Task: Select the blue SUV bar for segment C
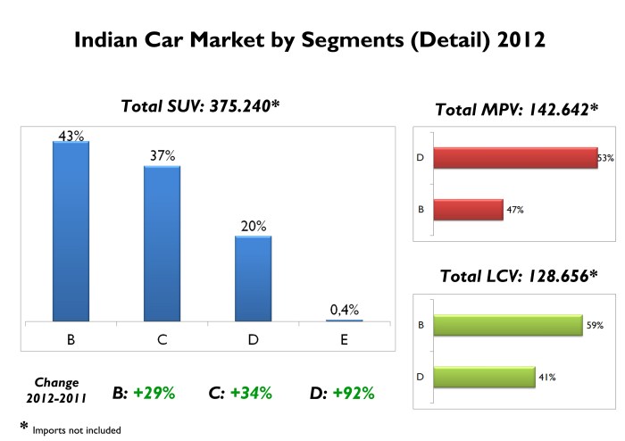click(x=162, y=242)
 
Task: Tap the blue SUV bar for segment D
click(x=253, y=278)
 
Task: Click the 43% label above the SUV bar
click(x=71, y=136)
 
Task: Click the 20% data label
click(x=254, y=227)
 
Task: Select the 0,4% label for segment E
click(x=345, y=310)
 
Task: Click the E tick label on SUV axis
click(x=345, y=339)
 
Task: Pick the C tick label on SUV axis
click(x=162, y=339)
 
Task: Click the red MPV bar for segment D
click(x=515, y=158)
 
